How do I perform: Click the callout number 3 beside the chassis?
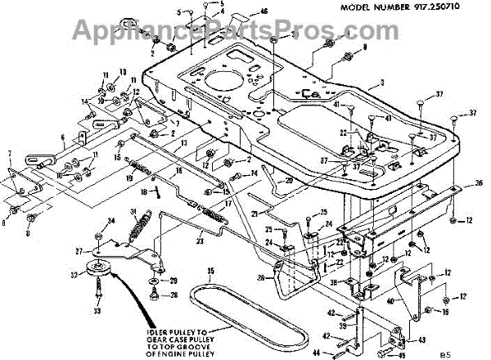[382, 83]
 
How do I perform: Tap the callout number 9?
[365, 47]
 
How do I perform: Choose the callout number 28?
[261, 277]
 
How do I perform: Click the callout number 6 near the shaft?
[62, 137]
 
